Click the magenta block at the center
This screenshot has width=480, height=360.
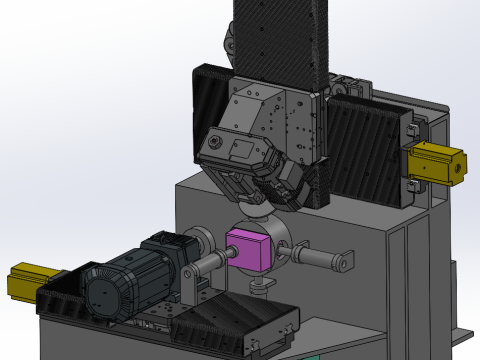click(249, 249)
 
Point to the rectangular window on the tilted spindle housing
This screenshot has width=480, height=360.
click(242, 150)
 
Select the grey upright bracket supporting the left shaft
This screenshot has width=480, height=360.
click(190, 285)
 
